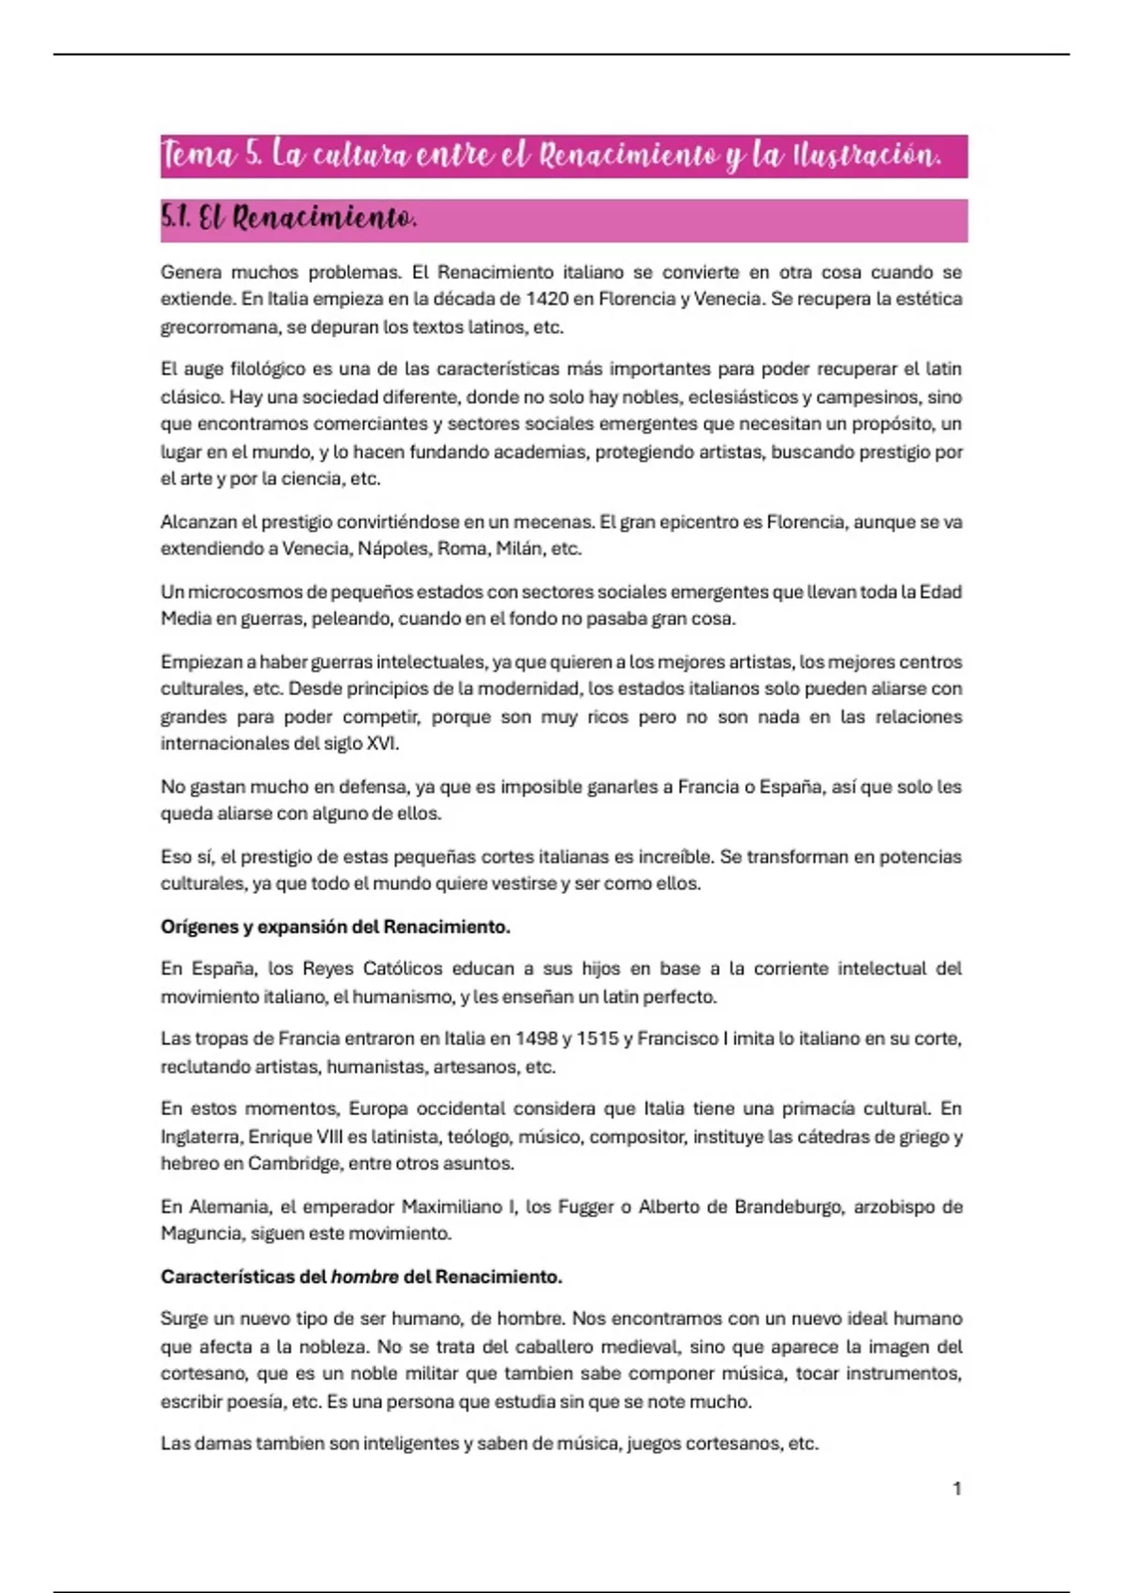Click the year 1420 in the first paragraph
tap(547, 299)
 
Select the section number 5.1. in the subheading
tap(176, 218)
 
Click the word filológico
tap(268, 369)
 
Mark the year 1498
tap(534, 1038)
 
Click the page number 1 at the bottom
tap(956, 1489)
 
